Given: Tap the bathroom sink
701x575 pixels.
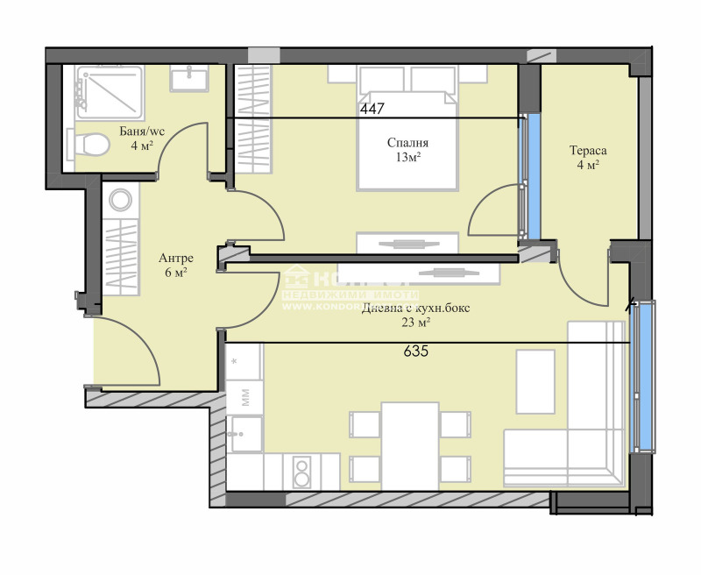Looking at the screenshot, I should tap(188, 79).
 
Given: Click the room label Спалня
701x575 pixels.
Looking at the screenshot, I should tap(408, 143).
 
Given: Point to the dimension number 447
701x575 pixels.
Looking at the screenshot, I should tap(373, 109).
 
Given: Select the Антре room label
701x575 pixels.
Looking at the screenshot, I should tap(175, 259).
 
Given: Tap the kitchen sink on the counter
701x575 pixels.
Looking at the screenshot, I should tap(244, 432).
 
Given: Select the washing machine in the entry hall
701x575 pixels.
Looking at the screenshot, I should tap(121, 201).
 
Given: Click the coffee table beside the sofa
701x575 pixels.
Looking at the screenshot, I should tap(535, 381).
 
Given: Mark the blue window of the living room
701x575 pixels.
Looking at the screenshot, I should tap(644, 377).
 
